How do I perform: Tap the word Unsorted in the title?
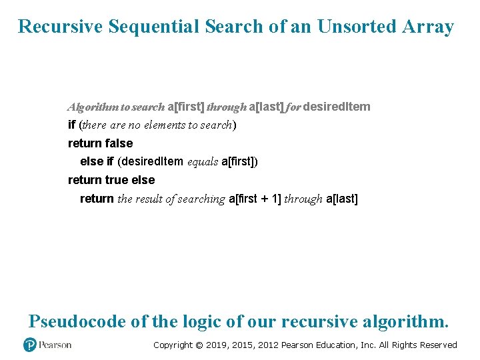pyautogui.click(x=356, y=27)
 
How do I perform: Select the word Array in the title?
pyautogui.click(x=428, y=27)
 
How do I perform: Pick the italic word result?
pyautogui.click(x=148, y=199)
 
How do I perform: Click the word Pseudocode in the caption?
pyautogui.click(x=77, y=321)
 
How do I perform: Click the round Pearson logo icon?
pyautogui.click(x=29, y=345)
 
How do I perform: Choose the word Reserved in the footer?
pyautogui.click(x=438, y=345)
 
